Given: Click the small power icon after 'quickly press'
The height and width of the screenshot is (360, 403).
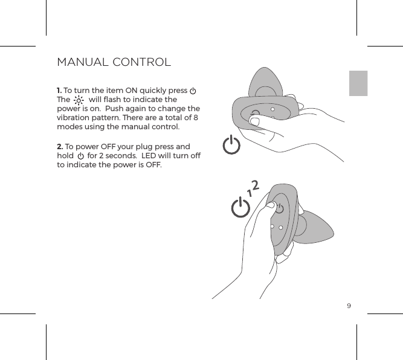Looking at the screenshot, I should point(192,91).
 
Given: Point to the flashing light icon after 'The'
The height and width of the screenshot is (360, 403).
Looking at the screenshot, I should point(79,100).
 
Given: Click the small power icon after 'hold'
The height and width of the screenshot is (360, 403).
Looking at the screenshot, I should point(80,156).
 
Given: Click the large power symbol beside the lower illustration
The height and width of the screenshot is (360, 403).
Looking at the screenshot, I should point(240,209).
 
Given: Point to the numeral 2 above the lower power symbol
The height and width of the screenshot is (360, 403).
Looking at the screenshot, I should point(256,185).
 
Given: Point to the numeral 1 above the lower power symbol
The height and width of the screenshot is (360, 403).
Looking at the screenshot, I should point(248,193).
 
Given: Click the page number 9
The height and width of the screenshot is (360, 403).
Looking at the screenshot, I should point(349,305).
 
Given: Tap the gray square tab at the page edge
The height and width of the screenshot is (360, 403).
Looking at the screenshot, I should point(358,83).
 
